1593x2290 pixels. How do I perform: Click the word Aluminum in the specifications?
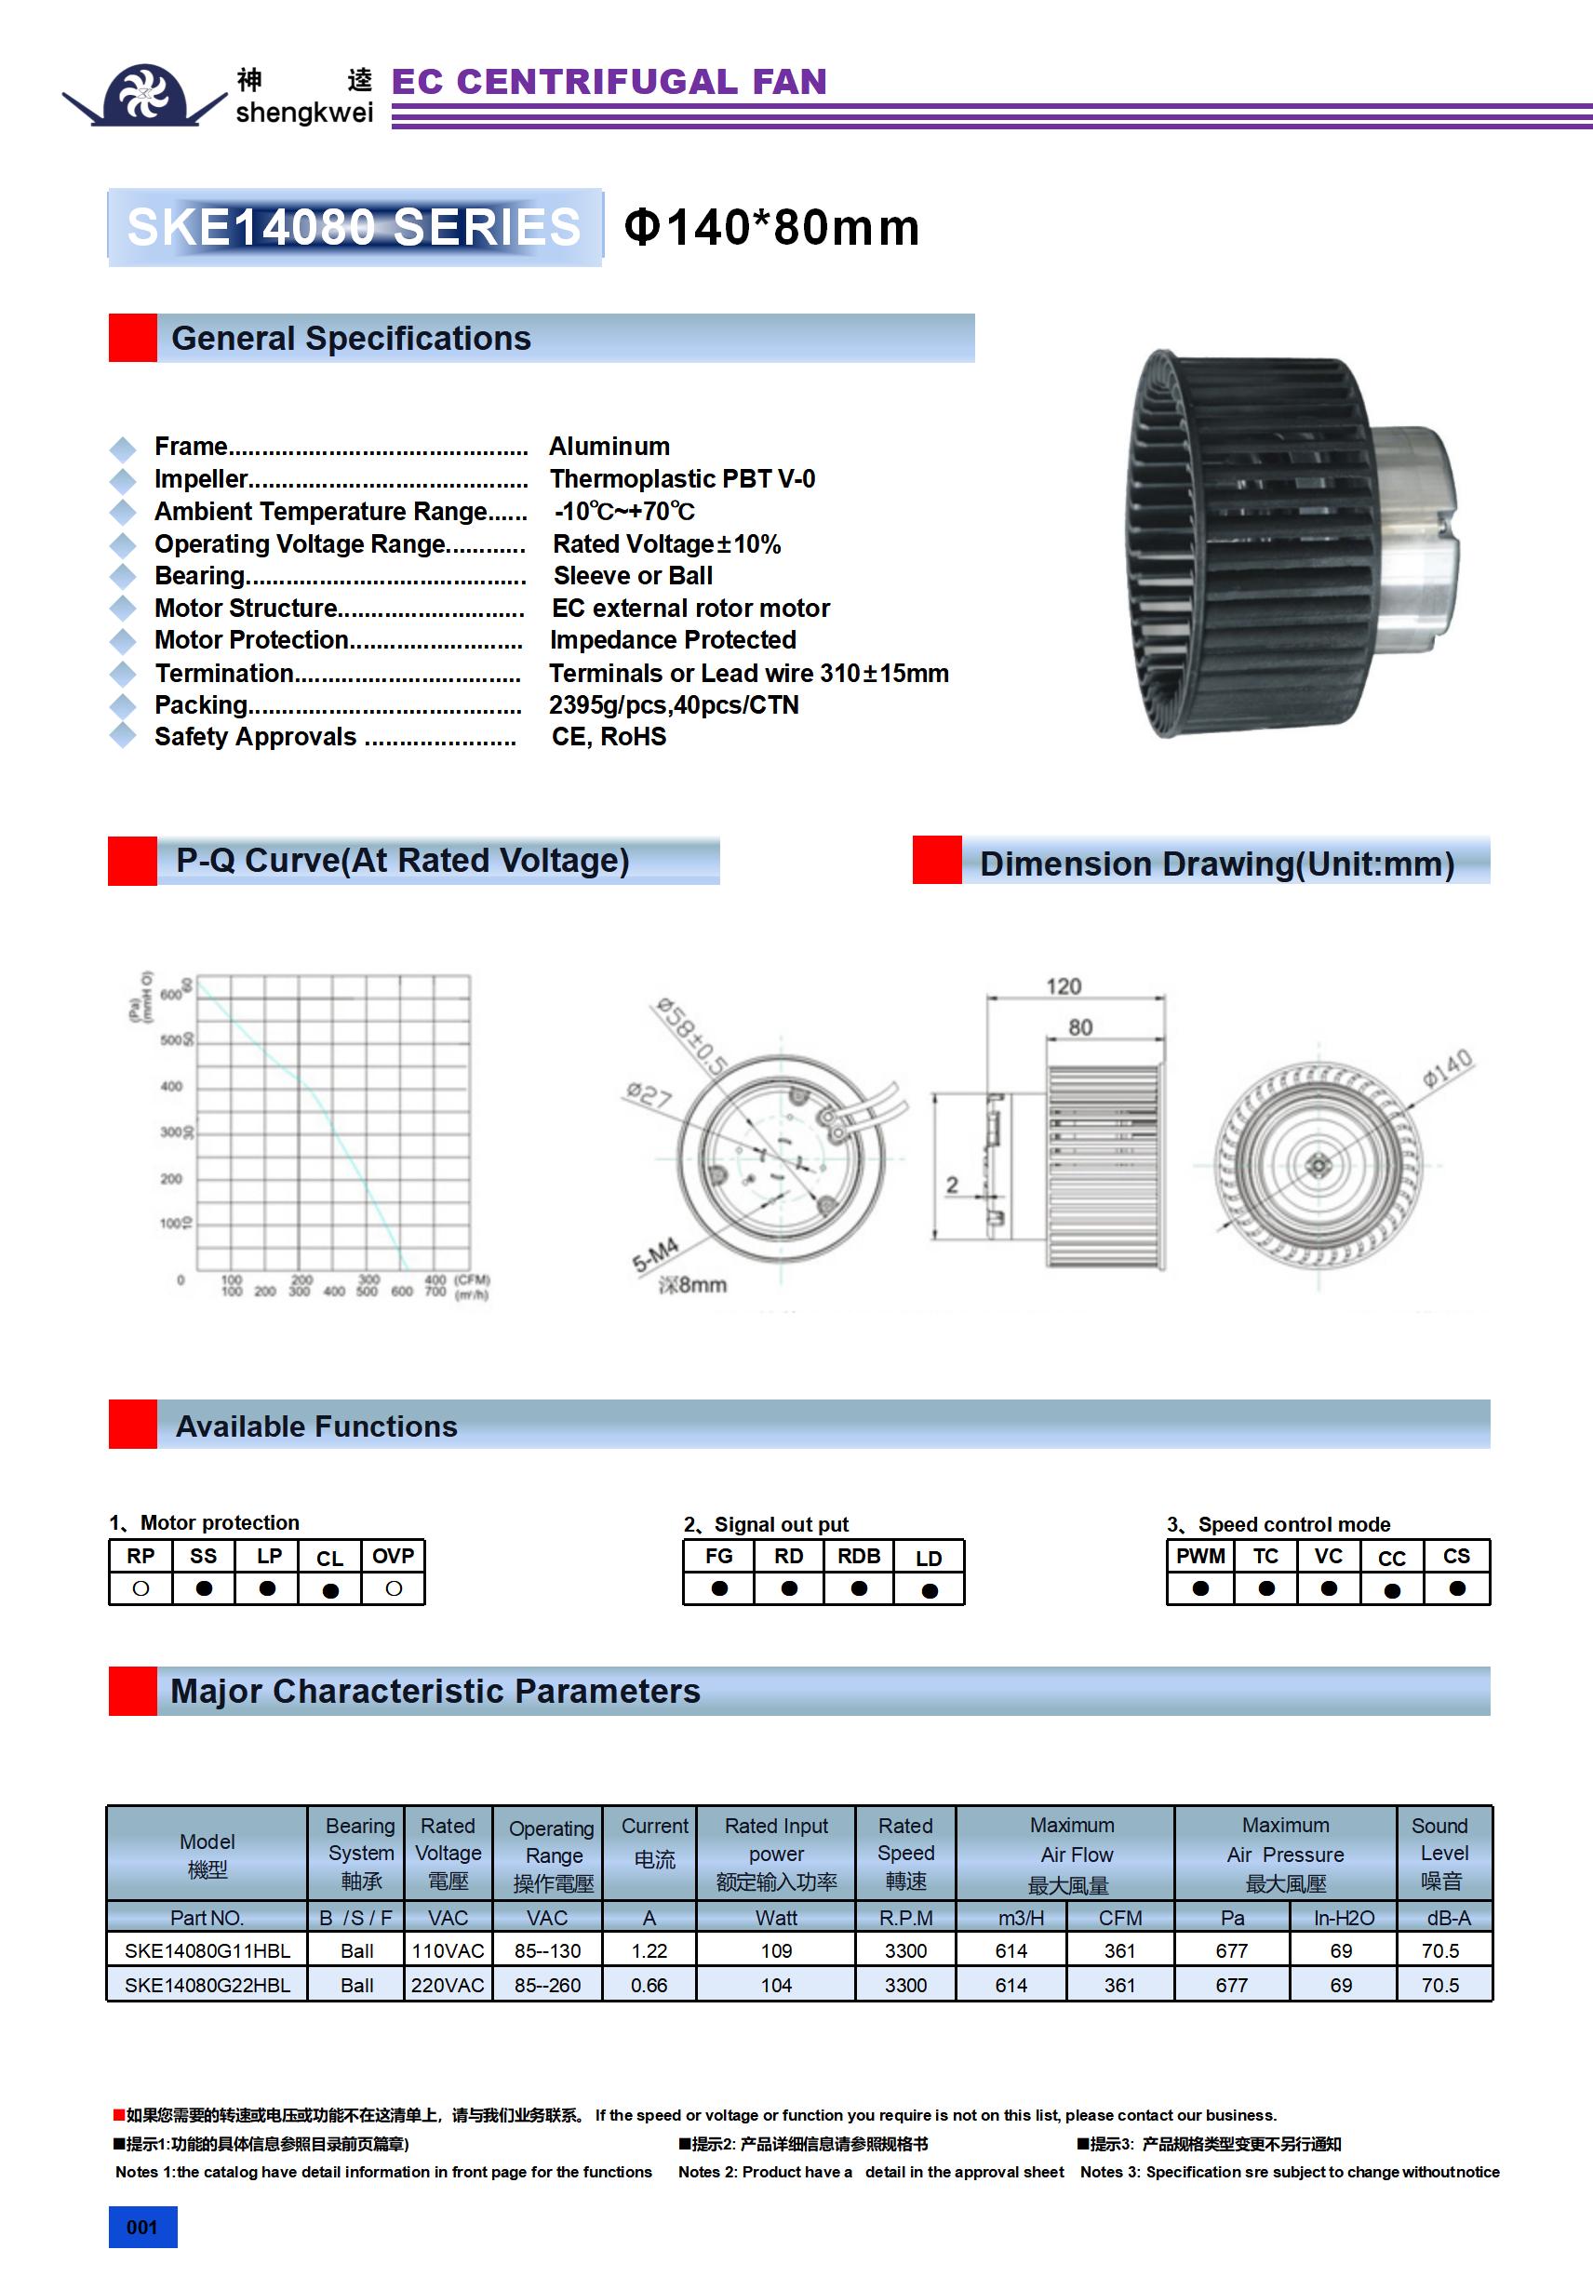point(609,446)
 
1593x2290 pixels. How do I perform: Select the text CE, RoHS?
point(609,736)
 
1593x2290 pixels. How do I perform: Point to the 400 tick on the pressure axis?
point(171,1086)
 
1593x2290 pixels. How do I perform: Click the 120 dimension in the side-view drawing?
point(1064,986)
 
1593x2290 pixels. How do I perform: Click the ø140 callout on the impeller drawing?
point(1446,1067)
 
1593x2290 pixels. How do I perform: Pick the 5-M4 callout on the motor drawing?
point(655,1254)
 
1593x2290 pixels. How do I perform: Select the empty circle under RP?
point(141,1587)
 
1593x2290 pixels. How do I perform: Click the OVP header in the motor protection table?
point(393,1556)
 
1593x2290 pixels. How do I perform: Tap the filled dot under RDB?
point(859,1587)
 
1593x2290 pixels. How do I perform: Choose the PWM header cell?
point(1200,1556)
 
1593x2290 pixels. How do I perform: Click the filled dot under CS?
point(1456,1587)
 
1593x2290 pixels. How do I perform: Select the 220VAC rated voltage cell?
point(447,1985)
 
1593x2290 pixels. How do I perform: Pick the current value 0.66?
point(649,1985)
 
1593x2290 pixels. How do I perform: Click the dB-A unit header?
point(1447,1917)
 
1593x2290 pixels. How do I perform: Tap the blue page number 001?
point(142,2227)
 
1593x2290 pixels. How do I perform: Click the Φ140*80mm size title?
point(771,227)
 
